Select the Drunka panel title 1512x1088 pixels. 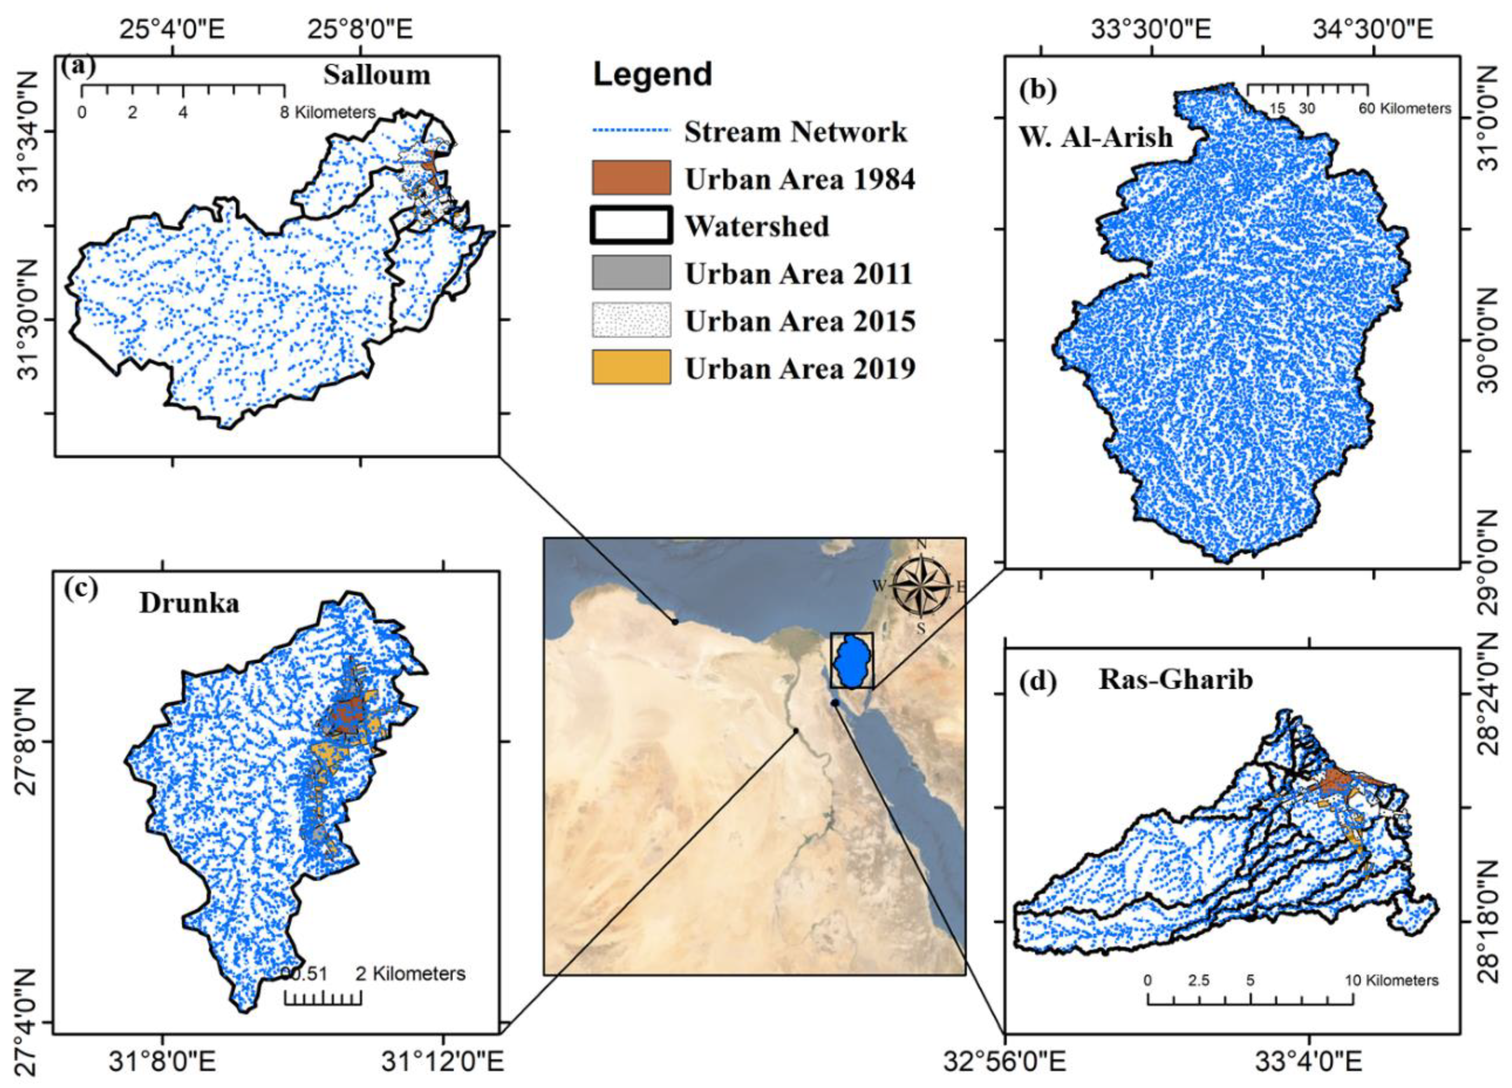pos(189,603)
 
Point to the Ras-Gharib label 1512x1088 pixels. pos(1176,679)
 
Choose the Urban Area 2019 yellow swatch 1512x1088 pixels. pos(631,367)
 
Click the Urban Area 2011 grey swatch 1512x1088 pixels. pos(631,273)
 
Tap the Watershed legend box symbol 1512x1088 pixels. pos(631,225)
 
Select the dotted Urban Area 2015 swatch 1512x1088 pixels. pos(631,320)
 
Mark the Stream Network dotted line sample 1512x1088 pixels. pos(631,131)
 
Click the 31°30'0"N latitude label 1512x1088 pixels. pos(29,320)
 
